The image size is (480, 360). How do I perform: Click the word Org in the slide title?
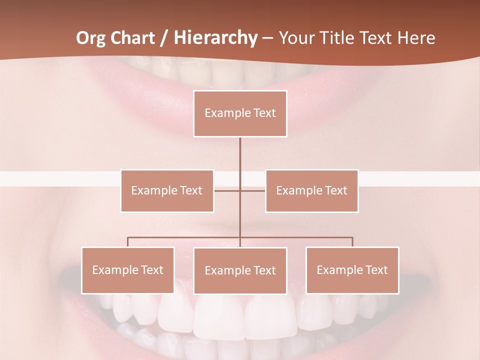91,38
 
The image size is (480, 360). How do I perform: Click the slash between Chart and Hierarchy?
164,38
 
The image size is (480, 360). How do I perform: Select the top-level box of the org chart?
240,113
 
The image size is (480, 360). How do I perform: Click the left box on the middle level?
167,190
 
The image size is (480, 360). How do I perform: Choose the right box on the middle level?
311,190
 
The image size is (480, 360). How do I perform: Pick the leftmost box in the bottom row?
127,270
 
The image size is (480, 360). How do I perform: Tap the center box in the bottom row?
240,270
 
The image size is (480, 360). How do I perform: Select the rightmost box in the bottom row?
352,270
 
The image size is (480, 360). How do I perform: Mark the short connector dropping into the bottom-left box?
127,242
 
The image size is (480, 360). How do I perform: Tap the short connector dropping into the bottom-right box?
352,242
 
